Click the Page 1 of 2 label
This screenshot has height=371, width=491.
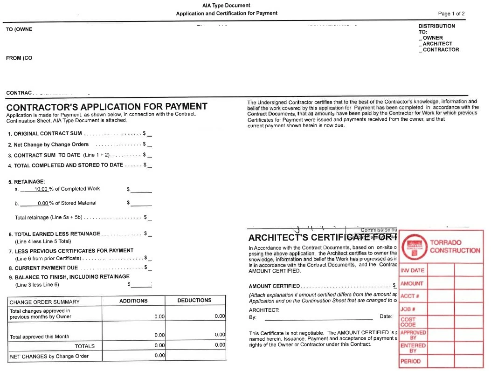pyautogui.click(x=451, y=14)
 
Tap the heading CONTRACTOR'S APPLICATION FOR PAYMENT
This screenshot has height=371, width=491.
pyautogui.click(x=107, y=107)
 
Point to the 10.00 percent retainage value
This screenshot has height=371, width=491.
pyautogui.click(x=41, y=189)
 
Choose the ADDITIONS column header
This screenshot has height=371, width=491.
pyautogui.click(x=133, y=301)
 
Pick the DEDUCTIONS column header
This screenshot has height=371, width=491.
pyautogui.click(x=194, y=301)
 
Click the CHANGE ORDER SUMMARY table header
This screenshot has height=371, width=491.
pyautogui.click(x=45, y=302)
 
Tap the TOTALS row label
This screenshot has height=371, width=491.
pyautogui.click(x=84, y=346)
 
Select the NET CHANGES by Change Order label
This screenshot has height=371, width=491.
pyautogui.click(x=49, y=357)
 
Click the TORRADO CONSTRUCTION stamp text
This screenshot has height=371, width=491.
pyautogui.click(x=455, y=247)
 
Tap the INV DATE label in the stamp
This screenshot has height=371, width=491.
pyautogui.click(x=412, y=270)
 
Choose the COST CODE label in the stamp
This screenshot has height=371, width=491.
pyautogui.click(x=408, y=322)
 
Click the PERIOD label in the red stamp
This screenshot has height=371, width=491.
pyautogui.click(x=410, y=361)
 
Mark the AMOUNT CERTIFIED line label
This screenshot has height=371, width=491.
pyautogui.click(x=274, y=286)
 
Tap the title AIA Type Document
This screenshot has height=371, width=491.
pyautogui.click(x=226, y=6)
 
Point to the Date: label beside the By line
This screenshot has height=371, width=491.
pyautogui.click(x=386, y=316)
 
